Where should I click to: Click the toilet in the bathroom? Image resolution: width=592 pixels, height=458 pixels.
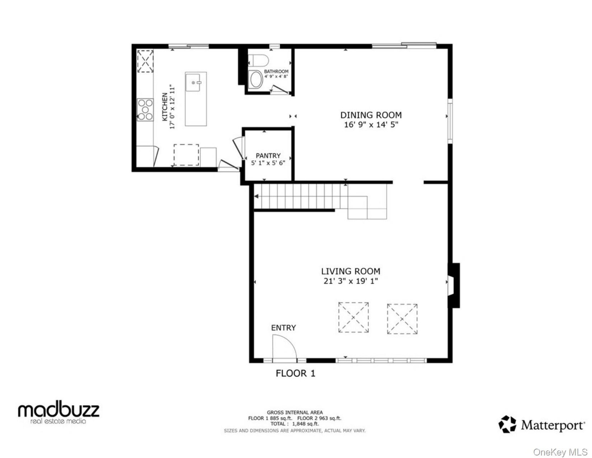[x=258, y=60]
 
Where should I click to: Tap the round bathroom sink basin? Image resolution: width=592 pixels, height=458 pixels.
[x=256, y=79]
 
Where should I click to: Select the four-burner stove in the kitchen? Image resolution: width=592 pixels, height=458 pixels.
[x=145, y=110]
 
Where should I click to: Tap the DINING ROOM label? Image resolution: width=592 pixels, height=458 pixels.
[x=371, y=115]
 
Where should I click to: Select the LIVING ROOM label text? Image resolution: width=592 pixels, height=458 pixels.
[x=351, y=271]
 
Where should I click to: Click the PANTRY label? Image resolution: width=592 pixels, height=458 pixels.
[x=268, y=156]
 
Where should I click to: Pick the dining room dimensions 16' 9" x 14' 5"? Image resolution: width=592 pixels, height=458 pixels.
[x=371, y=125]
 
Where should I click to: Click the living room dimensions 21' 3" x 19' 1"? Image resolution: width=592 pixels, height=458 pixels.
[x=351, y=281]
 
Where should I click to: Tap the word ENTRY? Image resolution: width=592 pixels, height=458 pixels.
[x=283, y=328]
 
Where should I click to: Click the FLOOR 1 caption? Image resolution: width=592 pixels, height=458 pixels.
[x=296, y=373]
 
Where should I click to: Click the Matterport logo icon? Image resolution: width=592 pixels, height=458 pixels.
[x=507, y=424]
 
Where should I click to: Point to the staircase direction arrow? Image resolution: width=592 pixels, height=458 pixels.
[x=256, y=196]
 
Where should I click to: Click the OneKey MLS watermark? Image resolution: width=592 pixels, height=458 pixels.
[x=560, y=445]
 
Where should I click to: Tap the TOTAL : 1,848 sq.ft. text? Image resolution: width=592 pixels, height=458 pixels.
[x=294, y=424]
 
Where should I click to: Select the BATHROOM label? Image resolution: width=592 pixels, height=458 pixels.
[x=276, y=71]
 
